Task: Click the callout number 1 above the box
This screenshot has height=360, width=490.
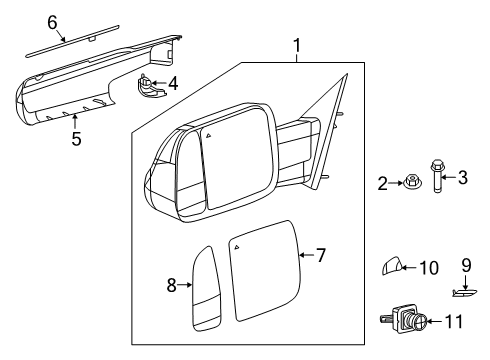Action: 295,45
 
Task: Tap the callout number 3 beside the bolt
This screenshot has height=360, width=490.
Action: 462,179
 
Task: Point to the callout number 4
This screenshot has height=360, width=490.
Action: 173,83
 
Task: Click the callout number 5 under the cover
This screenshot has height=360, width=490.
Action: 76,139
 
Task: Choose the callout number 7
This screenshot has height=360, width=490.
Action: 321,256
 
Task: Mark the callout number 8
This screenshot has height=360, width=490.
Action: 171,286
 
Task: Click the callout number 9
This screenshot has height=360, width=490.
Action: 465,266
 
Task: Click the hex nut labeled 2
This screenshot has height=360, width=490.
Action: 410,183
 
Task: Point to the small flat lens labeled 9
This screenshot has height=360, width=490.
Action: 464,292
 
